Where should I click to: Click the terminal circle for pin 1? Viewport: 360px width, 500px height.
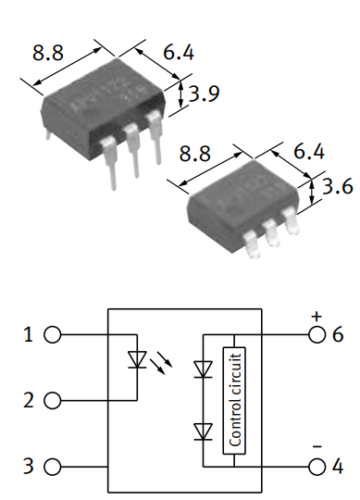(53, 335)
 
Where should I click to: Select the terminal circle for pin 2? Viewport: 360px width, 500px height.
(53, 401)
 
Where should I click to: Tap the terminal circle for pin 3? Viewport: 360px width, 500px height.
(53, 467)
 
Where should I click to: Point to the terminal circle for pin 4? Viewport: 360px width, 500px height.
(316, 467)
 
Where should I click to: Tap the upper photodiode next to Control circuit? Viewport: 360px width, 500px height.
(202, 369)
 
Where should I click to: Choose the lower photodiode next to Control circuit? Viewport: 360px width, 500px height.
(202, 431)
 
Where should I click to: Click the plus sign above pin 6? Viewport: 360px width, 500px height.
(316, 316)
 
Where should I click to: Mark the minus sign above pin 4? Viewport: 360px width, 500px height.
(316, 445)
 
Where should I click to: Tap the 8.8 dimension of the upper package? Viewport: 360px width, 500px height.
(48, 54)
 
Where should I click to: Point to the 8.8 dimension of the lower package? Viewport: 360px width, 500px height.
(195, 150)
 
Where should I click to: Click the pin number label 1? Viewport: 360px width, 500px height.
(29, 335)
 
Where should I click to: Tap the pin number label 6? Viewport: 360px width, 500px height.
(338, 335)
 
